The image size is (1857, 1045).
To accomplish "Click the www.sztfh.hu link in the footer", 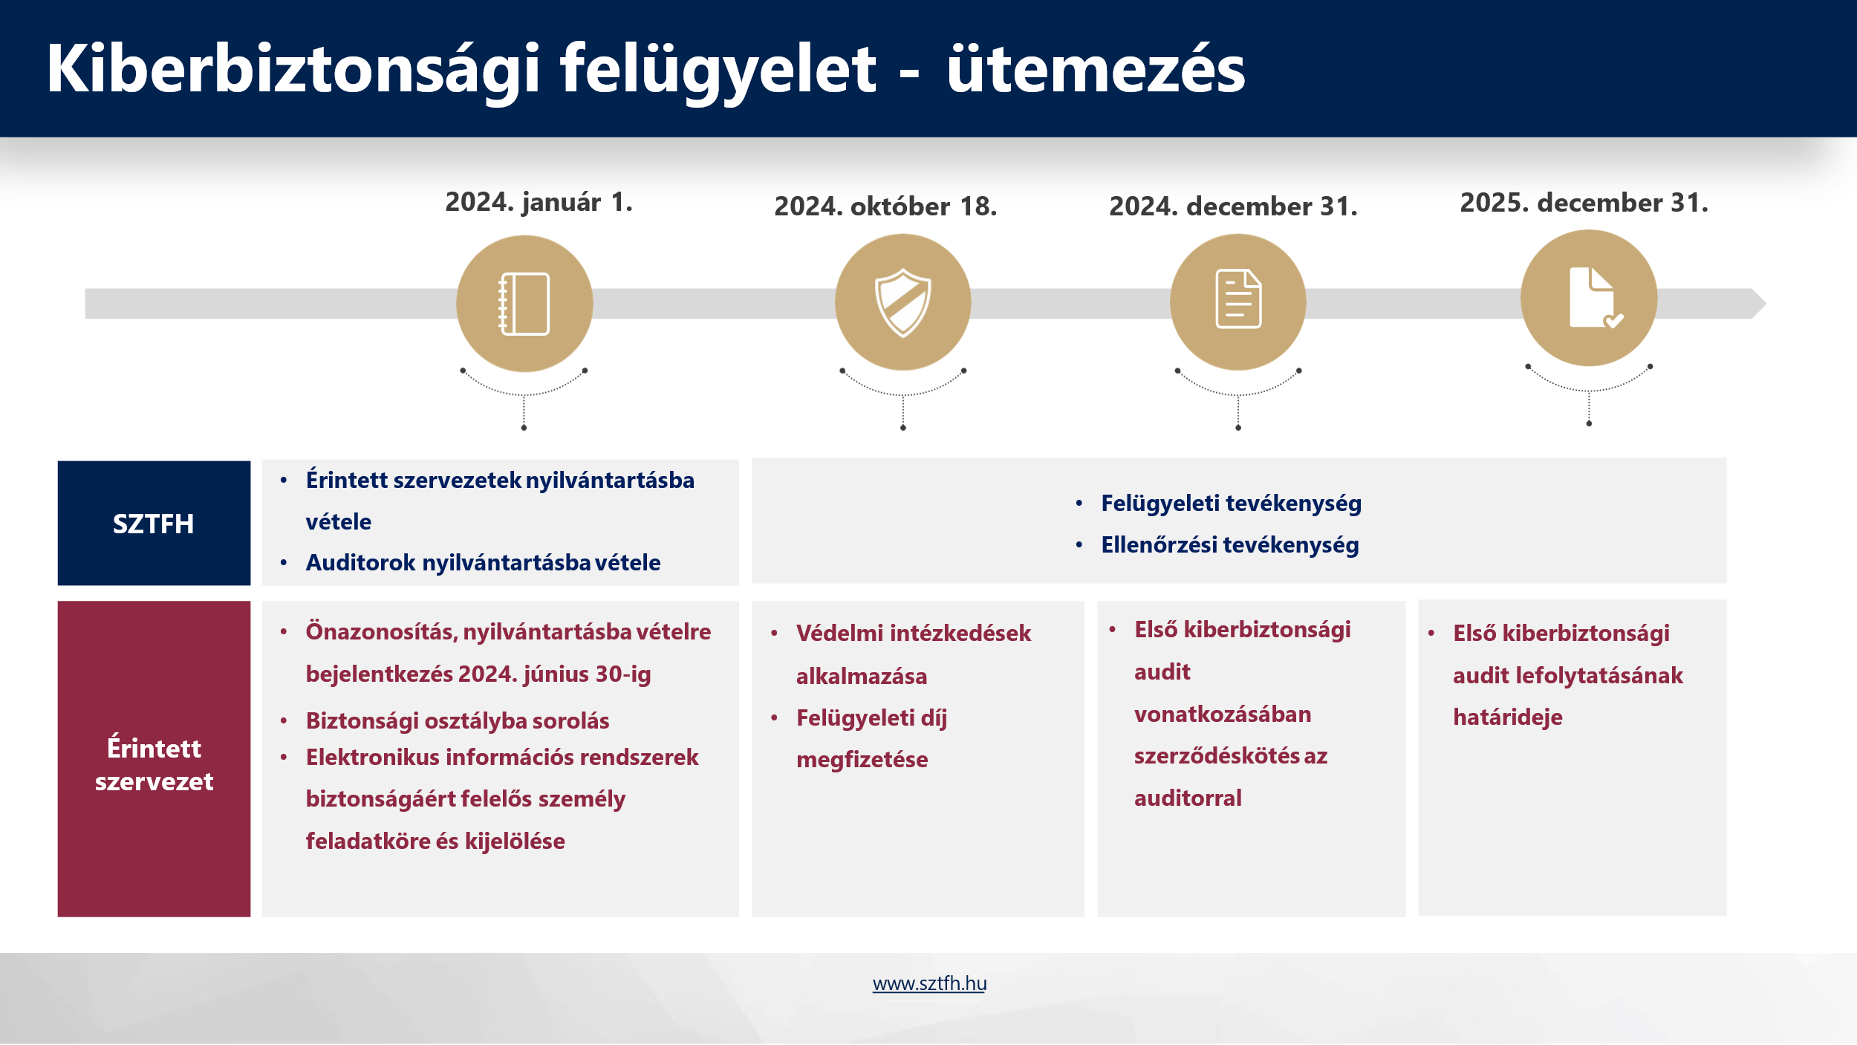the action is [x=929, y=983].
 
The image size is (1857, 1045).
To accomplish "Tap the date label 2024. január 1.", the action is [x=539, y=202].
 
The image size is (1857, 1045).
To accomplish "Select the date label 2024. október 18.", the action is [x=885, y=206].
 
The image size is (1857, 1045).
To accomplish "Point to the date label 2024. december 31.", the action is [x=1233, y=206].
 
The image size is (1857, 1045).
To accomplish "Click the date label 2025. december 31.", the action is [x=1584, y=202].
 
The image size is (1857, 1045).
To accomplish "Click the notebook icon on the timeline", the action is [x=524, y=304].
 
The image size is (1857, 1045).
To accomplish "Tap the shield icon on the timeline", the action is [x=903, y=302].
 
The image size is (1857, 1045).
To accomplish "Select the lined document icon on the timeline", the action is [x=1238, y=299].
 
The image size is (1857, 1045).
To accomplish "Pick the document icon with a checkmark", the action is [x=1594, y=297].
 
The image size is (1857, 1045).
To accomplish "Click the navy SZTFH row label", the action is [x=154, y=523].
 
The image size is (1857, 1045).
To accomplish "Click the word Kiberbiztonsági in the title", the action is [x=293, y=68].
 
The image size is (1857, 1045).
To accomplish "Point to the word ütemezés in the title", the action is [x=1096, y=68].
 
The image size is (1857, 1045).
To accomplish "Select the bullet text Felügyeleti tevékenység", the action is [x=1231, y=503].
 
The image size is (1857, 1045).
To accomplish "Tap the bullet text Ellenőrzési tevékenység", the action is [x=1229, y=544].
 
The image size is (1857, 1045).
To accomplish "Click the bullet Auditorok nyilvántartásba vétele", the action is [x=483, y=562].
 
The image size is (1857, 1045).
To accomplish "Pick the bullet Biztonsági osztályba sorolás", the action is [x=457, y=720].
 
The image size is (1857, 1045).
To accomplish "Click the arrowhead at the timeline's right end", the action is [x=1759, y=303].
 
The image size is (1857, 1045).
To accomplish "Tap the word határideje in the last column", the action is [x=1507, y=717].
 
